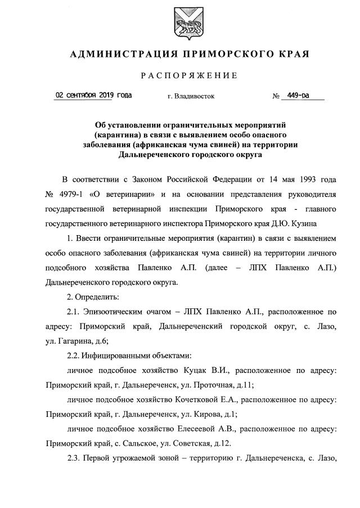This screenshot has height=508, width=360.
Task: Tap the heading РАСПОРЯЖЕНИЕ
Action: [x=180, y=75]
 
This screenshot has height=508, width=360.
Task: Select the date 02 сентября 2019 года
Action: [x=94, y=95]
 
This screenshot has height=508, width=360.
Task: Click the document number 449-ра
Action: [x=298, y=95]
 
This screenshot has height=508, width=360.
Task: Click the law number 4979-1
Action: [x=72, y=194]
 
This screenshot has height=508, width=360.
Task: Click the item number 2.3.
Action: [x=73, y=457]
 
